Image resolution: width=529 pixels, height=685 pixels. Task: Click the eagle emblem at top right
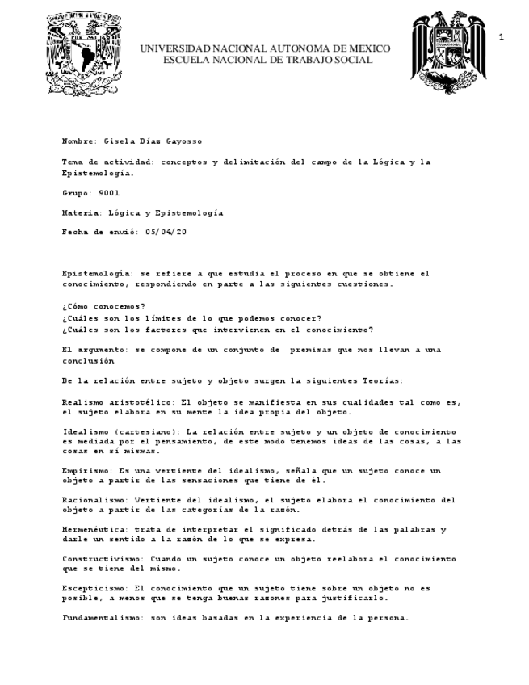point(447,52)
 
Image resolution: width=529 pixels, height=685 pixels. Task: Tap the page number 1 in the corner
point(502,38)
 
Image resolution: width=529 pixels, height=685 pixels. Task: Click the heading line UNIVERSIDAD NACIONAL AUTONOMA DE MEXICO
point(265,49)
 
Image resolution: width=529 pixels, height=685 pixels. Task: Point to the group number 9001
point(109,195)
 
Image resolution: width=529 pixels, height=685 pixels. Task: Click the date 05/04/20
point(166,233)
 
